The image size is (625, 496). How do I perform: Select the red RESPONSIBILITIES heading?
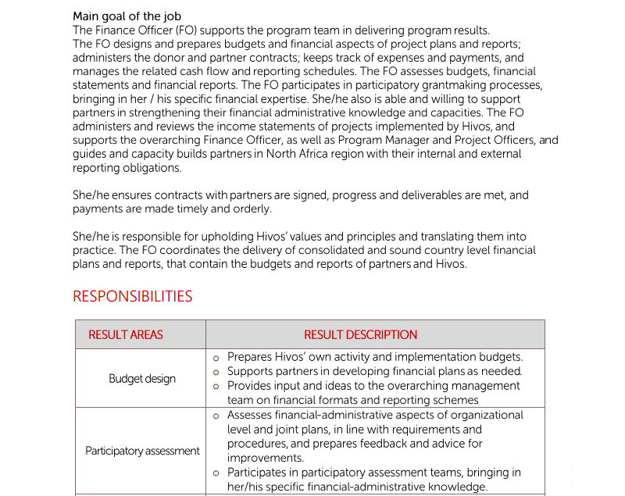click(x=132, y=297)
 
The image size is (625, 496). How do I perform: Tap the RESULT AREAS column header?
click(x=126, y=334)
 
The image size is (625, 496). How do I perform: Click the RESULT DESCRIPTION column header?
click(x=360, y=334)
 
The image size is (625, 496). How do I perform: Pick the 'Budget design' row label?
click(x=142, y=379)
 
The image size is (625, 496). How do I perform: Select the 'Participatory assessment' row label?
click(x=142, y=451)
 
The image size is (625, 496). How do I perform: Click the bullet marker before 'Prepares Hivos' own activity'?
click(x=216, y=358)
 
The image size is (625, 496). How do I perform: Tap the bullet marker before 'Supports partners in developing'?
click(x=216, y=373)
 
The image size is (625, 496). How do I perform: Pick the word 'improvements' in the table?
click(x=265, y=458)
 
